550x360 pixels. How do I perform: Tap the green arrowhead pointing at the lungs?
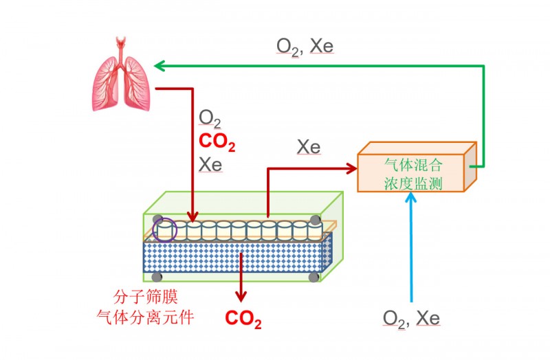point(159,65)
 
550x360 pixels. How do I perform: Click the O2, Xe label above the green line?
point(305,47)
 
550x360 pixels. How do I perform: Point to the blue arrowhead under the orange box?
point(410,197)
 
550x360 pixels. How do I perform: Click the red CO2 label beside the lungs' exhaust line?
point(217,142)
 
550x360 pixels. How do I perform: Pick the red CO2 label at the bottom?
point(243,319)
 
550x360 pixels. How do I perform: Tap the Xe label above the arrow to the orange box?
point(309,147)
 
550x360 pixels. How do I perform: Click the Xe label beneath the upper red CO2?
point(210,164)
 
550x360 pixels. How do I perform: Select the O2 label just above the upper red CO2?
point(210,118)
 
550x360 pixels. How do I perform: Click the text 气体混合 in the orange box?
point(413,164)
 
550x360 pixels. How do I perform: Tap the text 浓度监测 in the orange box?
point(413,183)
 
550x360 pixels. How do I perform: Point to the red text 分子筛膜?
point(145,297)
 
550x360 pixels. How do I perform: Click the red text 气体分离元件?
point(145,317)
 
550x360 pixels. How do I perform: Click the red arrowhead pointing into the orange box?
point(351,168)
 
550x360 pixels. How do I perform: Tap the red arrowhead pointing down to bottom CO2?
point(241,297)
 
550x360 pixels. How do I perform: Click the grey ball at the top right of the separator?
point(315,220)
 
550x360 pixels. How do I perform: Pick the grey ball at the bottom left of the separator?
point(157,277)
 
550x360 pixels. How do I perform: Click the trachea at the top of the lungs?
point(121,49)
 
